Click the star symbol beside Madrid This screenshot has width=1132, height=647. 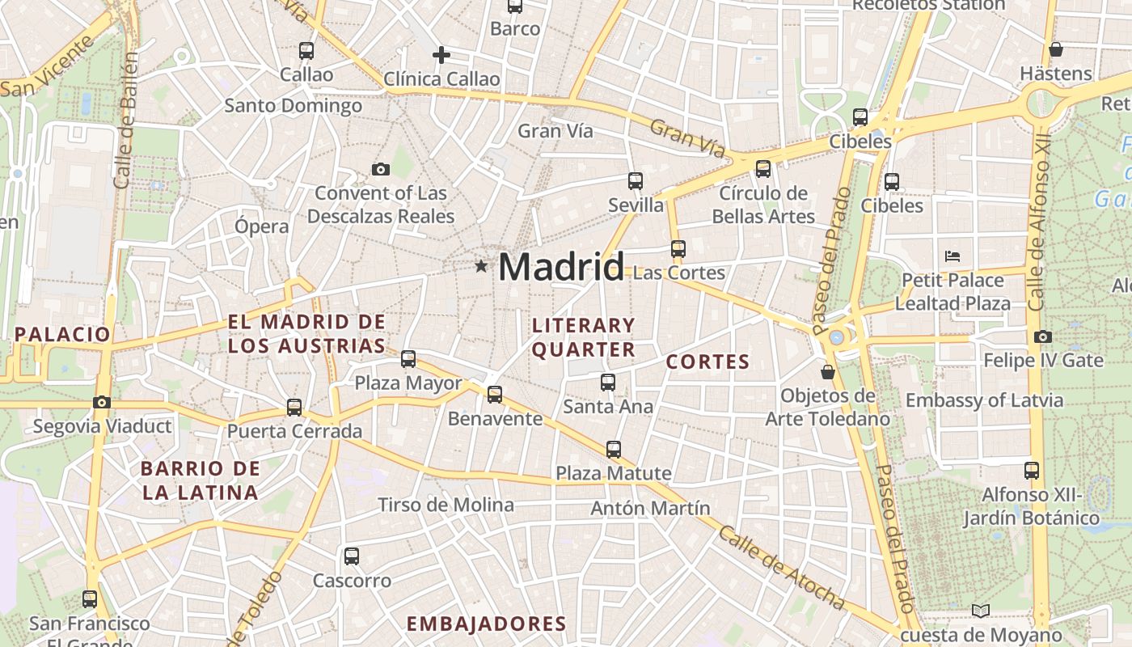coord(481,266)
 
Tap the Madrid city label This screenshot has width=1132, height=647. coord(561,267)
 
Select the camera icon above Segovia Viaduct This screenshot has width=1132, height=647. coord(102,402)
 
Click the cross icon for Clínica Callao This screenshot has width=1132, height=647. coord(441,55)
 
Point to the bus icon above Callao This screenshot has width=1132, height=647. coord(306,50)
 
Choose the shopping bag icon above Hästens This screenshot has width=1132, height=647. coord(1055,49)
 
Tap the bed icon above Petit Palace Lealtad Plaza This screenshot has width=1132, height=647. coord(952,256)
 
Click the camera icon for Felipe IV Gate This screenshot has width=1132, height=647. coord(1043,336)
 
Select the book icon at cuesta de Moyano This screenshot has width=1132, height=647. coord(981,611)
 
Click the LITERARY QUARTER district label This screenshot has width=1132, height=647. coord(584,337)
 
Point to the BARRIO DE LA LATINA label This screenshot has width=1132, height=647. coord(201,480)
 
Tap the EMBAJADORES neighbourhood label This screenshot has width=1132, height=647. coord(486,624)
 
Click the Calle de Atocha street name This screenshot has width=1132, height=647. coord(781,568)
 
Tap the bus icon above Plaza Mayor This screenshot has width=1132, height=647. coord(408,358)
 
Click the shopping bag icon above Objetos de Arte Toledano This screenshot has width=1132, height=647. coord(827,372)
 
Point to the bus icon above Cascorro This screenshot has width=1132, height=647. coord(351,556)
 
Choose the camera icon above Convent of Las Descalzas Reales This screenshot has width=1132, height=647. coord(380,169)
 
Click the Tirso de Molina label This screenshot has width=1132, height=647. coord(446,505)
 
